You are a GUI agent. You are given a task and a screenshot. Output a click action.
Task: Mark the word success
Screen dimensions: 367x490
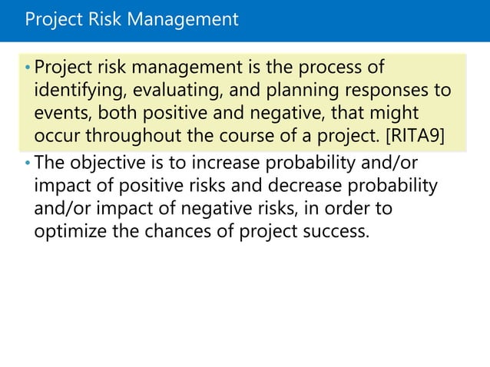(x=336, y=231)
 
